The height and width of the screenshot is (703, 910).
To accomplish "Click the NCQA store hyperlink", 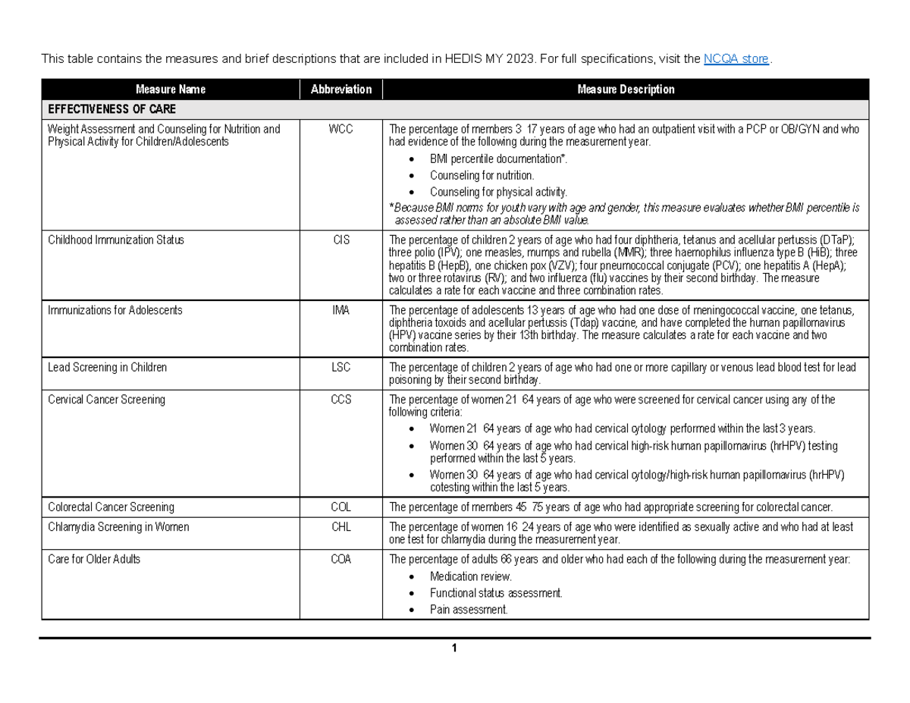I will click(x=736, y=59).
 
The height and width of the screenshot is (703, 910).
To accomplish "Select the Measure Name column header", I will click(x=171, y=89).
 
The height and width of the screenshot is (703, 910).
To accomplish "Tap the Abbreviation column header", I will click(x=341, y=89).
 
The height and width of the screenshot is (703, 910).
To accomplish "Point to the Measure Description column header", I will click(x=626, y=89).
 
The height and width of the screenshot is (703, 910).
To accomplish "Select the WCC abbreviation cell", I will click(x=340, y=129).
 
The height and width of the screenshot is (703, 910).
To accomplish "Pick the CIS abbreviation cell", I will click(x=340, y=240).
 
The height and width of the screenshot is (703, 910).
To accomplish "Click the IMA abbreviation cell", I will click(x=340, y=310).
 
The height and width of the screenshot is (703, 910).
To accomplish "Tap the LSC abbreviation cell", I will click(x=340, y=367).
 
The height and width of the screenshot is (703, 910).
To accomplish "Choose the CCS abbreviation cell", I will click(x=340, y=400).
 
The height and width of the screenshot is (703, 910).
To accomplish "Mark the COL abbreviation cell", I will click(x=340, y=507).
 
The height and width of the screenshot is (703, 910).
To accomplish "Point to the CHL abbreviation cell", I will click(x=340, y=526).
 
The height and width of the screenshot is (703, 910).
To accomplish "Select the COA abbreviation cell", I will click(x=340, y=560).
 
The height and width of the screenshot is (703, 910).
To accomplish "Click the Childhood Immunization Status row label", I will click(x=116, y=240).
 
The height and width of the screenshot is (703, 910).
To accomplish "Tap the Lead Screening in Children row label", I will click(x=107, y=367).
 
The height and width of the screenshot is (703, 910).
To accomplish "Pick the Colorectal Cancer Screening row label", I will click(x=111, y=507).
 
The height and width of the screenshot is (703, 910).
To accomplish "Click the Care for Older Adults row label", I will click(x=94, y=560).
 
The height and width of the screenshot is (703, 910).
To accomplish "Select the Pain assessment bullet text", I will click(x=469, y=610).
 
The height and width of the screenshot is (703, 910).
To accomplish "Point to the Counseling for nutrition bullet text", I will click(x=482, y=175).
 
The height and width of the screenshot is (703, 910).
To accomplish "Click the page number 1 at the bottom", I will click(x=453, y=648).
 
